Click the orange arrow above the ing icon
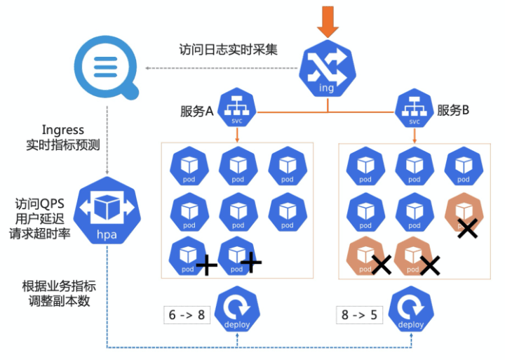(x=327, y=20)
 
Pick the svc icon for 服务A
(x=236, y=109)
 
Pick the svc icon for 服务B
(x=414, y=109)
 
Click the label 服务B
(x=453, y=110)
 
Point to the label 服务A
(x=196, y=110)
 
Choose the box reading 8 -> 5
(x=360, y=314)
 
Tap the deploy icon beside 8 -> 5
(x=411, y=313)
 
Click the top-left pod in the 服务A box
(x=189, y=167)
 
